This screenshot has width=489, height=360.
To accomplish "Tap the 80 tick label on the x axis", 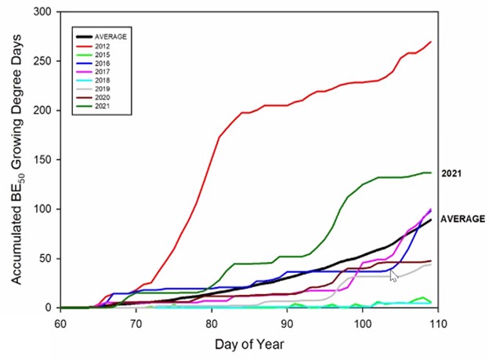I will (212, 322).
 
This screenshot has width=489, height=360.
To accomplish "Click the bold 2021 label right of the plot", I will (452, 173).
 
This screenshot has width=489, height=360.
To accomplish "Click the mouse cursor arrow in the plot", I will (394, 275).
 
